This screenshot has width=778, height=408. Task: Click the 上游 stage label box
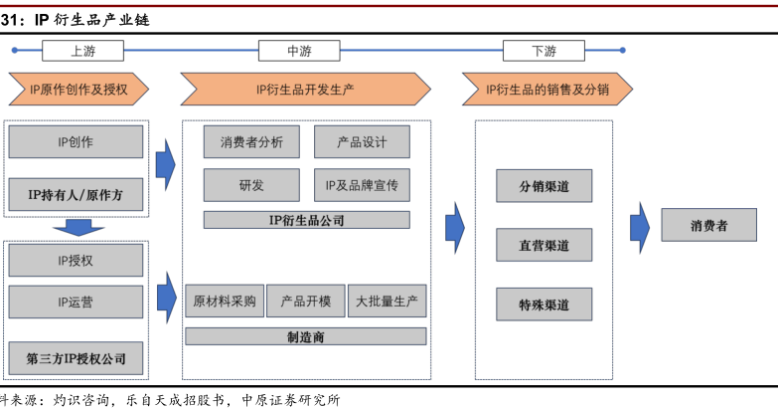(82, 51)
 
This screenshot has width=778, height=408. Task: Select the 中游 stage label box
(299, 51)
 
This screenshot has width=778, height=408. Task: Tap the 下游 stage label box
(544, 51)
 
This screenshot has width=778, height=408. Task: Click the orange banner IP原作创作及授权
(78, 90)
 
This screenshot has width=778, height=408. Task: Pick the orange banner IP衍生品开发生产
(305, 90)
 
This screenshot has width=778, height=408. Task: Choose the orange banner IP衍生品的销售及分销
(547, 90)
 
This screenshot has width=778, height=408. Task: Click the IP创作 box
(76, 142)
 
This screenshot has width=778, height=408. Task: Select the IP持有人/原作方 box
(76, 194)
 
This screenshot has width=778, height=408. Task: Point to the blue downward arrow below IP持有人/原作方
(78, 228)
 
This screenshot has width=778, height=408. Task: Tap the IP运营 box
(76, 302)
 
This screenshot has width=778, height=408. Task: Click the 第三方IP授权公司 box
(76, 358)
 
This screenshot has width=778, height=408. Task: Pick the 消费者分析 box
(251, 142)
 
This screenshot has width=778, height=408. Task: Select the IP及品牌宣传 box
(362, 185)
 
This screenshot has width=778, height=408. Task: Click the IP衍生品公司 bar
(307, 220)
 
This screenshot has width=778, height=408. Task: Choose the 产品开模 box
(306, 302)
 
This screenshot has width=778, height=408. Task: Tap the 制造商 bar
(306, 336)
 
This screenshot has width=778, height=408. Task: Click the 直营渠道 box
(544, 245)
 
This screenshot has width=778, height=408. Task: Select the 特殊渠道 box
(544, 305)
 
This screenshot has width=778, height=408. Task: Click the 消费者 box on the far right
(708, 225)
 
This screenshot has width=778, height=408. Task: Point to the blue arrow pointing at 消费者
(640, 228)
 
